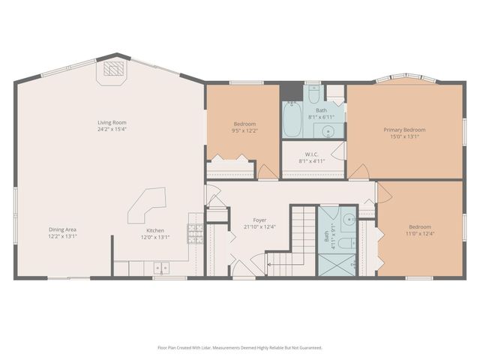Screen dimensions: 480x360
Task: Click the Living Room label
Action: [x=112, y=122]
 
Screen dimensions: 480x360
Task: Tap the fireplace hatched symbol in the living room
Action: [x=113, y=68]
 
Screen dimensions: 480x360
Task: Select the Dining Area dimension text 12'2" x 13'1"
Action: [x=62, y=236]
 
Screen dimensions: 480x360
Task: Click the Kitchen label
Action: [x=155, y=230]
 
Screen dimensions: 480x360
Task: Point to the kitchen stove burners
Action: [x=195, y=234]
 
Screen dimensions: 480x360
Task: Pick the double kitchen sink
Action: [x=161, y=268]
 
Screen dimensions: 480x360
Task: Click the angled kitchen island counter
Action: [x=147, y=205]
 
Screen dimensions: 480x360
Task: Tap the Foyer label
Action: [x=259, y=220]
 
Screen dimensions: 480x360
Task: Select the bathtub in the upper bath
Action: [x=292, y=119]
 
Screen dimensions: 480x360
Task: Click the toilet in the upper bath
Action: [x=313, y=94]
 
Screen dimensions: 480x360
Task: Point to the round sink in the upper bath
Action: [x=328, y=132]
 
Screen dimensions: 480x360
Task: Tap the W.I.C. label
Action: [x=312, y=154]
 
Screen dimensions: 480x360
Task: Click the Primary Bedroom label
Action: [x=404, y=130]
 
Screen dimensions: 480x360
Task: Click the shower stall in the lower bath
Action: [x=337, y=265]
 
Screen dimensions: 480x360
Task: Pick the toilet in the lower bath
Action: [x=347, y=243]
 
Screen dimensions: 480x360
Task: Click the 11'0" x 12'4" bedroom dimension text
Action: [x=420, y=233]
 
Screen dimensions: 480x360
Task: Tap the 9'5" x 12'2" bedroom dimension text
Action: [x=244, y=130]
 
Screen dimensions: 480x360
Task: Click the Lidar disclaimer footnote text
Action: [x=240, y=348]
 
